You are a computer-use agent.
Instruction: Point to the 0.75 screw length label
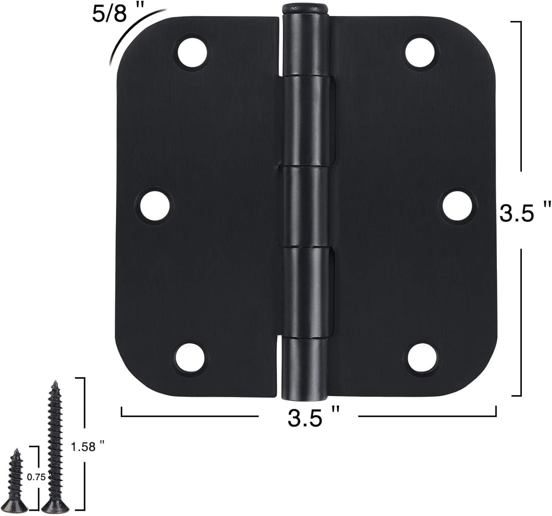pos(37,477)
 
